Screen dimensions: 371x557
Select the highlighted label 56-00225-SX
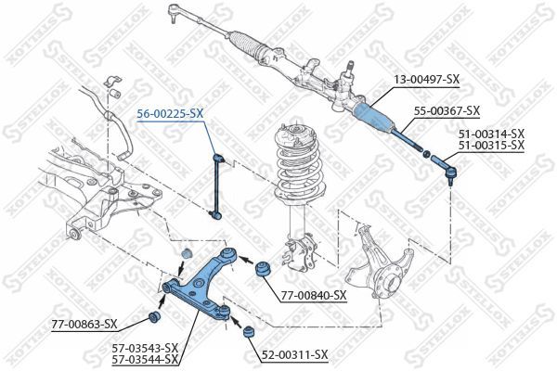click(170, 112)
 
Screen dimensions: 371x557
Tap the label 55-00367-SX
click(447, 110)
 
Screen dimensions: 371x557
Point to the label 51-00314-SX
click(491, 134)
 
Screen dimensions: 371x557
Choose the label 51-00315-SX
click(491, 146)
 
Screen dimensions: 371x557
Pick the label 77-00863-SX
click(84, 324)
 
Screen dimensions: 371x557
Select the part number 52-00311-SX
click(294, 354)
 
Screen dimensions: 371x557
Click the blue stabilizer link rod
click(218, 185)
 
